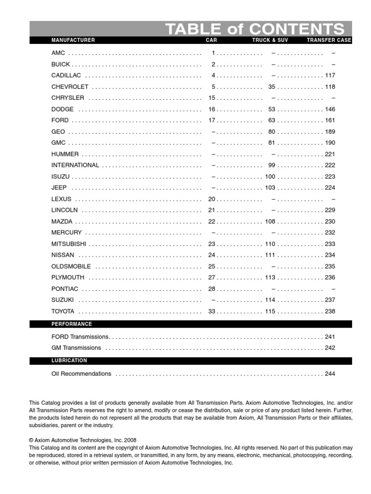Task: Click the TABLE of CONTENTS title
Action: pos(255,28)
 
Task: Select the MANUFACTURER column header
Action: pos(73,40)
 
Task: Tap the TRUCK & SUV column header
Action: pos(270,40)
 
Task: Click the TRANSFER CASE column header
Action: pos(329,40)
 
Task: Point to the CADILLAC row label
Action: pos(66,76)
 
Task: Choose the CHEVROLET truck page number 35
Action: pos(271,87)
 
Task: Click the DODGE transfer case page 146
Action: pos(330,110)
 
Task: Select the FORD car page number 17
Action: pos(212,121)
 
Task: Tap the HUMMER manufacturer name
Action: pos(65,154)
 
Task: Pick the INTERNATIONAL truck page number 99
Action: pos(271,165)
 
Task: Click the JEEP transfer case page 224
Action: pos(330,188)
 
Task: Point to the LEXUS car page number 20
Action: pos(212,199)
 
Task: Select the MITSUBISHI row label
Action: pos(69,244)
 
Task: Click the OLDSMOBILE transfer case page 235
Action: pos(330,266)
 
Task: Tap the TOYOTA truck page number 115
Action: pos(270,312)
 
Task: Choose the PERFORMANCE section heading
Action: pos(71,324)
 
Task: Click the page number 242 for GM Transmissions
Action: pos(330,348)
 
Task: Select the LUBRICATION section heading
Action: pos(69,360)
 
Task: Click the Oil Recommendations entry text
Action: pos(81,374)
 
